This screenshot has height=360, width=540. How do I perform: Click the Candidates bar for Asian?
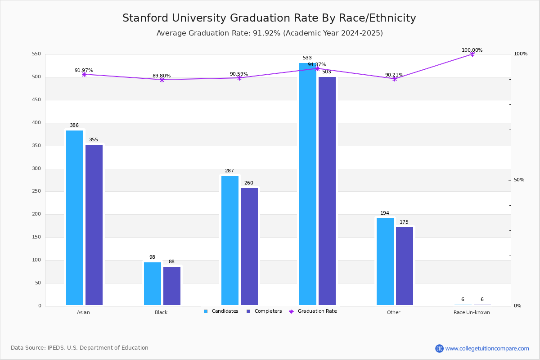[75, 218]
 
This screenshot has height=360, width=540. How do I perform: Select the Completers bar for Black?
[172, 286]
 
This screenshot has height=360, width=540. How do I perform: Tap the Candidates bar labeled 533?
[308, 184]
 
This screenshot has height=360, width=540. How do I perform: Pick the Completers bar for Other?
[405, 266]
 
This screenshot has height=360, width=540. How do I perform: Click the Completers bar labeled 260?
[249, 247]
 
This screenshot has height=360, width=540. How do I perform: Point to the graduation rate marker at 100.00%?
[472, 54]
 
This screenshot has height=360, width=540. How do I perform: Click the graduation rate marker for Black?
[162, 80]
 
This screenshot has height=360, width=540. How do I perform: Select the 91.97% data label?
[84, 71]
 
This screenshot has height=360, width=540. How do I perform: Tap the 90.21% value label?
[394, 75]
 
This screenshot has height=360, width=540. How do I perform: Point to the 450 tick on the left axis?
[36, 100]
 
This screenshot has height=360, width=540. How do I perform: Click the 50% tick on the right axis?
[519, 180]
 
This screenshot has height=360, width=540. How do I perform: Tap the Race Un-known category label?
[472, 312]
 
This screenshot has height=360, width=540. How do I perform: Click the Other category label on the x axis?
[393, 312]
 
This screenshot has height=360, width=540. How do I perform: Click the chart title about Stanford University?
[269, 18]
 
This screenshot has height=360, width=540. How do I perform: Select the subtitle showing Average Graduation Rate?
[270, 33]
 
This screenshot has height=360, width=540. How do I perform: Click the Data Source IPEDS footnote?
[80, 348]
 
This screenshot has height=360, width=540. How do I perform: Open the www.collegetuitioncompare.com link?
[487, 348]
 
